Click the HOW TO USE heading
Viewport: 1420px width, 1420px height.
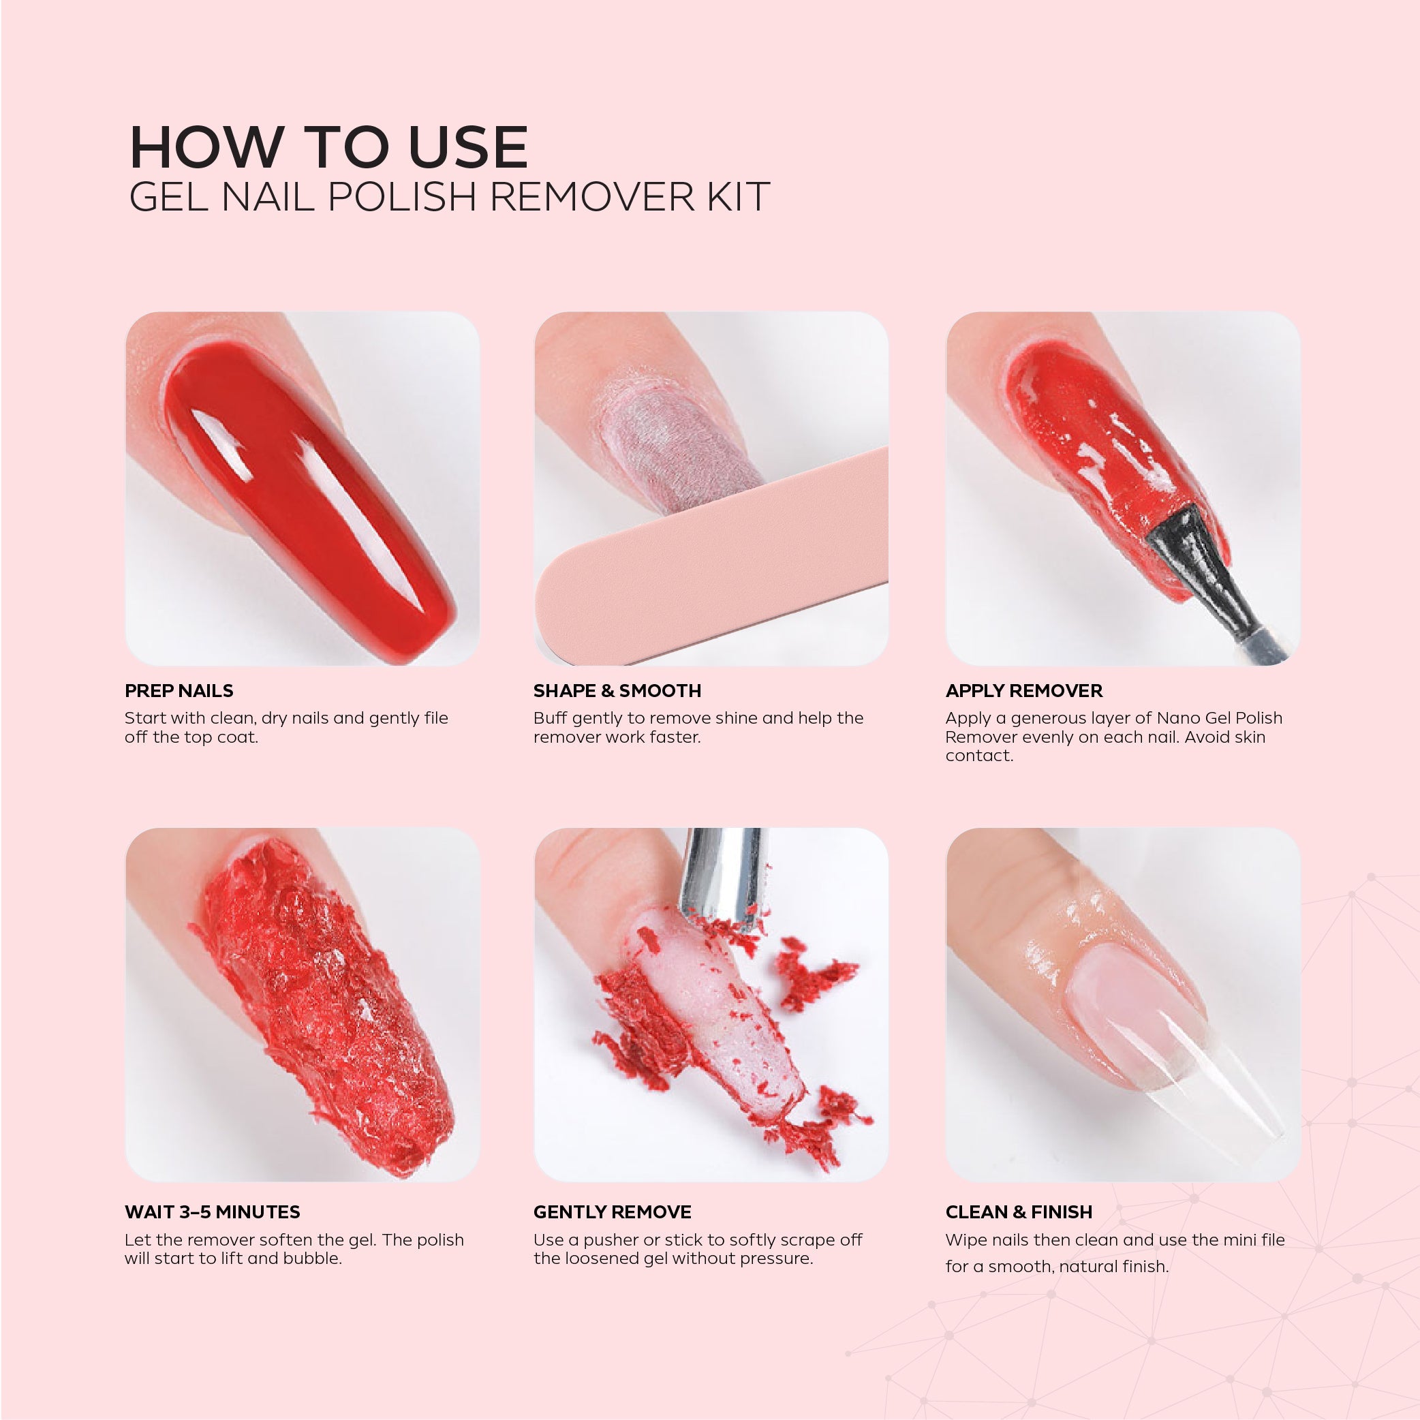point(328,147)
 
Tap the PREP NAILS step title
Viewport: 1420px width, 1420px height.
point(179,690)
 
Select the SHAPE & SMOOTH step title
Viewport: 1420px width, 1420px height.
point(617,690)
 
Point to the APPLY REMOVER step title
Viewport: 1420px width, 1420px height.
point(1023,690)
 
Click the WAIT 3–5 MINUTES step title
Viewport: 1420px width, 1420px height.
point(212,1212)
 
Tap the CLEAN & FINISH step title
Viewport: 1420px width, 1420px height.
point(1018,1212)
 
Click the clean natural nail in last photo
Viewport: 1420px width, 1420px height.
point(1132,1007)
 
